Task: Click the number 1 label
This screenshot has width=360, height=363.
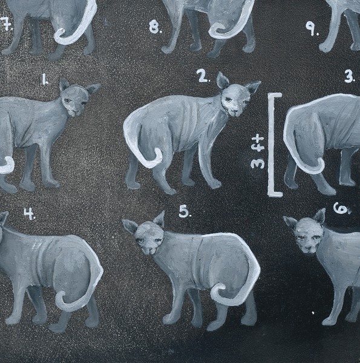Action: [x=45, y=80]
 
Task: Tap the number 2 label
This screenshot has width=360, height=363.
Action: [x=203, y=76]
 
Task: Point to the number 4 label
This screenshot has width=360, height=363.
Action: [x=30, y=214]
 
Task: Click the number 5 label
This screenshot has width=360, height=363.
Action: [x=185, y=212]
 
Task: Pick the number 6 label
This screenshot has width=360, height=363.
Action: [x=341, y=208]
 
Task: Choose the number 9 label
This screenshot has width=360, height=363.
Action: [x=312, y=28]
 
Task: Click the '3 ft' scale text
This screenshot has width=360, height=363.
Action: [x=258, y=152]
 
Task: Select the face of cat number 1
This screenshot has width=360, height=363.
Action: [x=74, y=101]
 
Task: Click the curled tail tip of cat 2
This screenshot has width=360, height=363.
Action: [x=159, y=155]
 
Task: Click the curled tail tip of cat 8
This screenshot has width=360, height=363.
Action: [x=216, y=28]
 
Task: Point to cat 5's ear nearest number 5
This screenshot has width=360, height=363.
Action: [x=160, y=218]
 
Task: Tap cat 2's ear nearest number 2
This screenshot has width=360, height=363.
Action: [x=222, y=80]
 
